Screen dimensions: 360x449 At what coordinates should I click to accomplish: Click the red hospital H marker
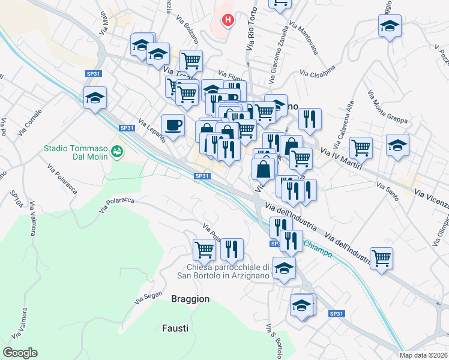(228, 21)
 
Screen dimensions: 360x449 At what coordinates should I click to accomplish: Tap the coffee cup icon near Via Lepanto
(173, 125)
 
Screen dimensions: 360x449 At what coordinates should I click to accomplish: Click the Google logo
(20, 353)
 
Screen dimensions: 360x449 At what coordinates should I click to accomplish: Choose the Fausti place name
(175, 328)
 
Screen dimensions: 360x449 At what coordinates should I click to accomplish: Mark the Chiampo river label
(318, 249)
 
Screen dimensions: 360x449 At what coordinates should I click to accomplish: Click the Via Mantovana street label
(303, 38)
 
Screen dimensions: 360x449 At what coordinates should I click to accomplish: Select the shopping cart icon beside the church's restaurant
(204, 248)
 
